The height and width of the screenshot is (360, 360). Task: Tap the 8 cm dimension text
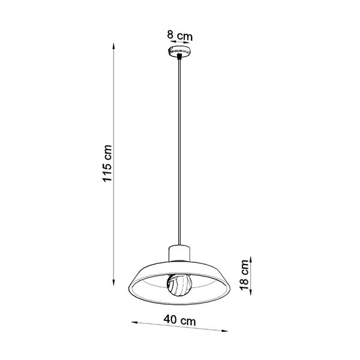tap(180, 35)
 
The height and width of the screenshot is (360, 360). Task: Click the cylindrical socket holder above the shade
tap(181, 254)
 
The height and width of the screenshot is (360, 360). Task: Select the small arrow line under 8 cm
tap(180, 42)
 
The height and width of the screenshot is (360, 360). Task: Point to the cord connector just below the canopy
tap(180, 58)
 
